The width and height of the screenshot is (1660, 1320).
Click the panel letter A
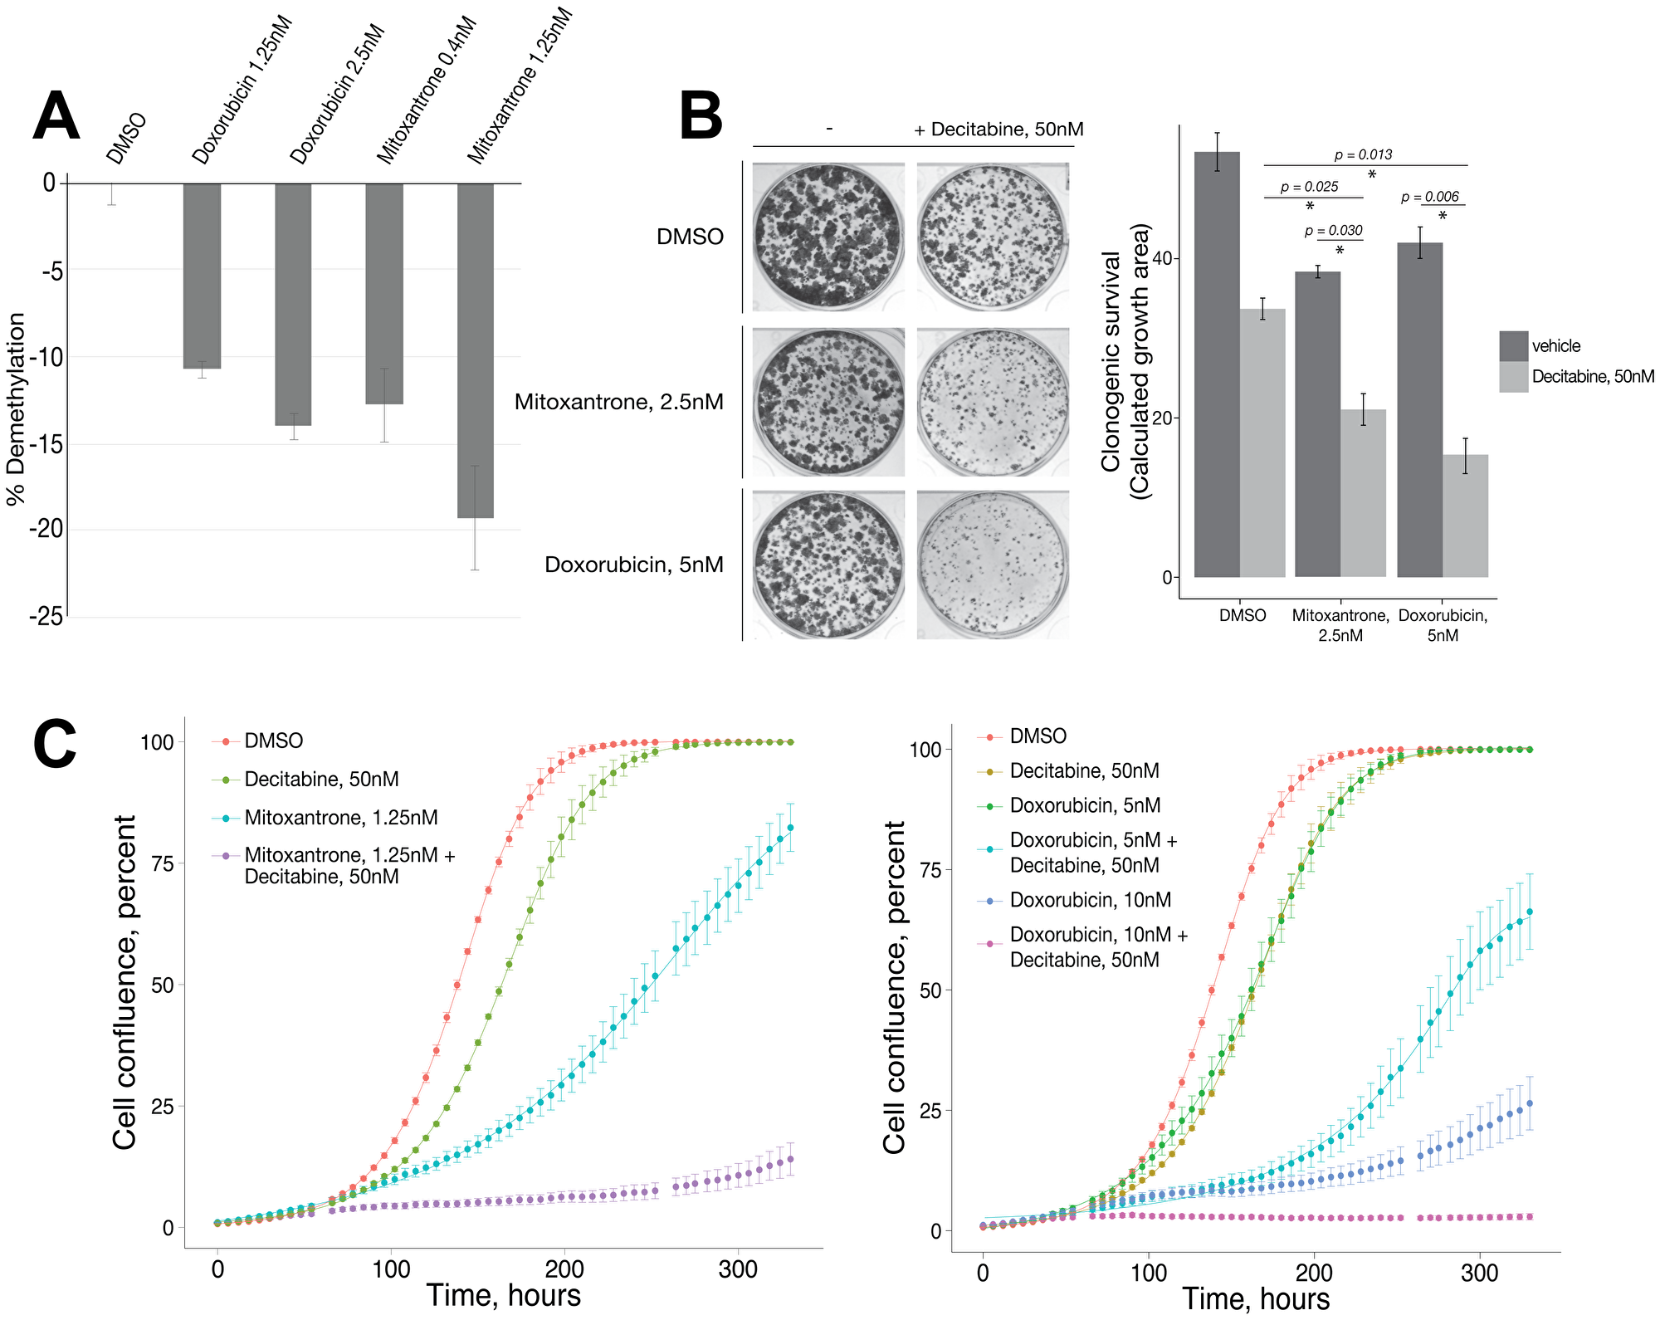(x=56, y=116)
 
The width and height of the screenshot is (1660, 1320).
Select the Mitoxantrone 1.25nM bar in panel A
(x=475, y=350)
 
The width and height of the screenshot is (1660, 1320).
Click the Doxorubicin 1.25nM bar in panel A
(x=202, y=275)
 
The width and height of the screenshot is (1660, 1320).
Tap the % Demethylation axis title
(x=16, y=408)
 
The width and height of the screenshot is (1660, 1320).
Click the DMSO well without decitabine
(x=828, y=237)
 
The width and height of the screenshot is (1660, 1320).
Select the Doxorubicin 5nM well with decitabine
(x=992, y=565)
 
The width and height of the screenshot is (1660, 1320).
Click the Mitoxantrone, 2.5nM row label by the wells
(x=618, y=403)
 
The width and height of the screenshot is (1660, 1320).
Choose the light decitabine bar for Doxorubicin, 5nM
(x=1465, y=516)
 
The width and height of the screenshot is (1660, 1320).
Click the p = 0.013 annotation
(x=1363, y=155)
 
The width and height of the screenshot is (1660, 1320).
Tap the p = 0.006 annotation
(x=1429, y=198)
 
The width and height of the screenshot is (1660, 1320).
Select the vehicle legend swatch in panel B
(x=1513, y=345)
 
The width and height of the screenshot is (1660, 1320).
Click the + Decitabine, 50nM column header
(x=998, y=130)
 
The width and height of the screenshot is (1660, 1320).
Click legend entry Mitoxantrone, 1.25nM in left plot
(x=340, y=818)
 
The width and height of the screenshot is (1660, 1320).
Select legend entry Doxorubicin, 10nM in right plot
(x=1090, y=900)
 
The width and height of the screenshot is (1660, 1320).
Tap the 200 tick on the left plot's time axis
(x=564, y=1269)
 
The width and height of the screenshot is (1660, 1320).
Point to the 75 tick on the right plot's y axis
(x=930, y=870)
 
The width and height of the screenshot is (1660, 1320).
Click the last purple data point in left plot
(x=790, y=1159)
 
